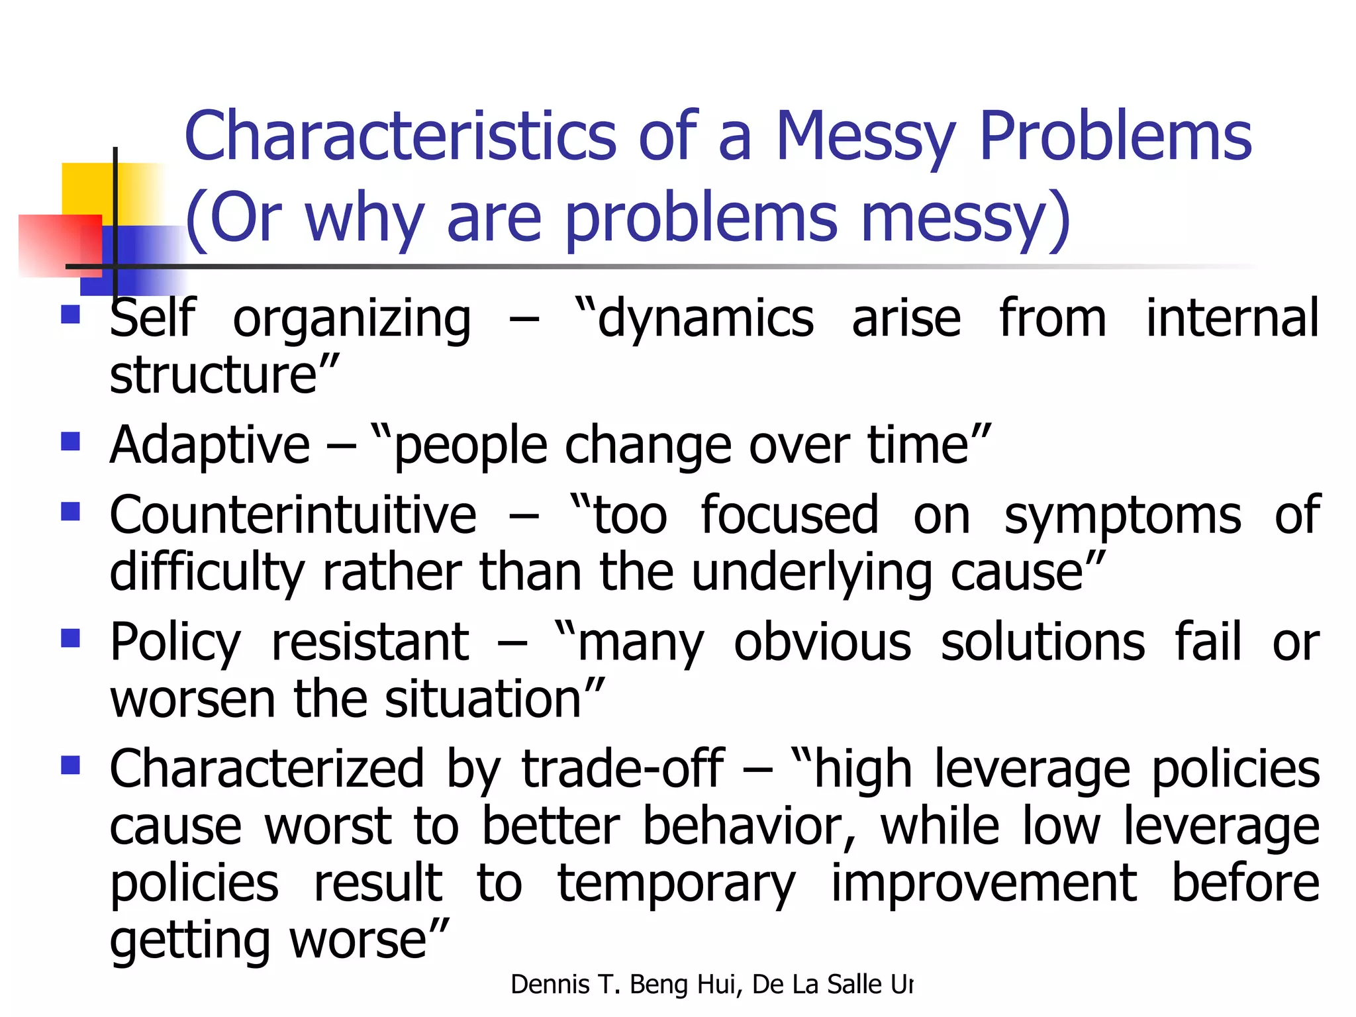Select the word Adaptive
coord(209,445)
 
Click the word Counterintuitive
coord(293,515)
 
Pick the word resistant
coord(370,642)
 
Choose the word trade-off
coord(622,769)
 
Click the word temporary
coord(676,885)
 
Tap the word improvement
coord(984,883)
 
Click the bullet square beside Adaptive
coord(70,441)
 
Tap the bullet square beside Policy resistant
coord(70,638)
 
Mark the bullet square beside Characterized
coord(70,765)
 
